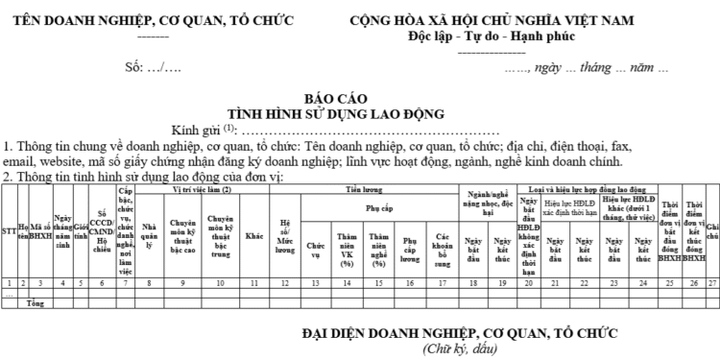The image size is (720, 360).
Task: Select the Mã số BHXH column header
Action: (x=39, y=230)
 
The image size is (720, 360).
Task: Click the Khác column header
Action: (x=254, y=231)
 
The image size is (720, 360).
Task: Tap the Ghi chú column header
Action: (x=711, y=230)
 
